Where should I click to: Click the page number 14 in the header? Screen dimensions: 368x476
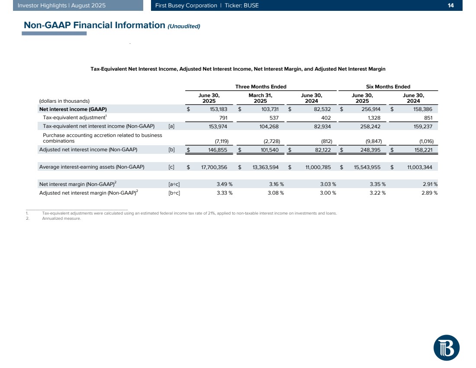[450, 6]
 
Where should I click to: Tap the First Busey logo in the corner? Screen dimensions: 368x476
[446, 347]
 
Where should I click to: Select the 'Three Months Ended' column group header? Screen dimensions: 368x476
[261, 87]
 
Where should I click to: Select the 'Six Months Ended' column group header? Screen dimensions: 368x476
[388, 87]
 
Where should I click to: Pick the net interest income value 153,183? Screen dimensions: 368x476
[215, 109]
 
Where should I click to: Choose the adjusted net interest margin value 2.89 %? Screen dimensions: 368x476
[429, 192]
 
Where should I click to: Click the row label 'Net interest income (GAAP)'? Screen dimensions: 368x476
[73, 109]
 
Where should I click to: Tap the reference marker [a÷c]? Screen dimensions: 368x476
[174, 184]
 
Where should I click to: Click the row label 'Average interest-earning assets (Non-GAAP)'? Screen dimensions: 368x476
[92, 167]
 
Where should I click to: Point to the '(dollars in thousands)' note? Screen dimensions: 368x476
[64, 101]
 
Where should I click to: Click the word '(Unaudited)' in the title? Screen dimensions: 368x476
[184, 26]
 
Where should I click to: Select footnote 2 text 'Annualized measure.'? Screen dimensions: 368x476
[61, 218]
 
